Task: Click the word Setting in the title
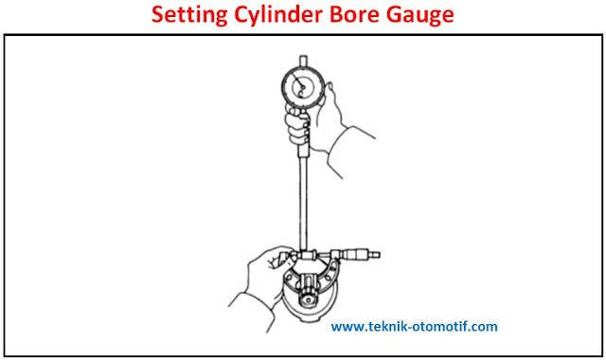pyautogui.click(x=189, y=15)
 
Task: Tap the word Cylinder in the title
pyautogui.click(x=278, y=15)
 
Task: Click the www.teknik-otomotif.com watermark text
pyautogui.click(x=414, y=327)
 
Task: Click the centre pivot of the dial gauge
pyautogui.click(x=303, y=88)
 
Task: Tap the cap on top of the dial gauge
pyautogui.click(x=303, y=61)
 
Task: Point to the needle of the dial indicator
pyautogui.click(x=297, y=80)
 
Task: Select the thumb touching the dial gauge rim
pyautogui.click(x=329, y=93)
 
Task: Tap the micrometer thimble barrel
pyautogui.click(x=355, y=255)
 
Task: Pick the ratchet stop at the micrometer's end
pyautogui.click(x=375, y=255)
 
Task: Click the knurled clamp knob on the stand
pyautogui.click(x=308, y=297)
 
